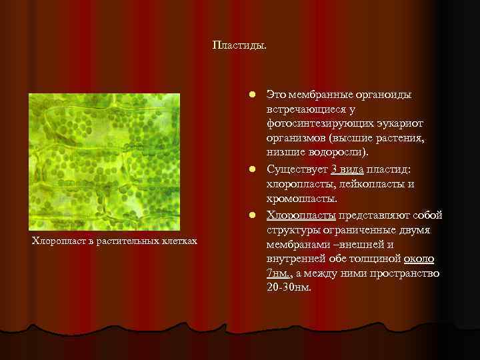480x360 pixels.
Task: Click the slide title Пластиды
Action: click(239, 45)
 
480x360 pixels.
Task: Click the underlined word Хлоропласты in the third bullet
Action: click(301, 215)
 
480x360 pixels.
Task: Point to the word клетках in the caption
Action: click(179, 240)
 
